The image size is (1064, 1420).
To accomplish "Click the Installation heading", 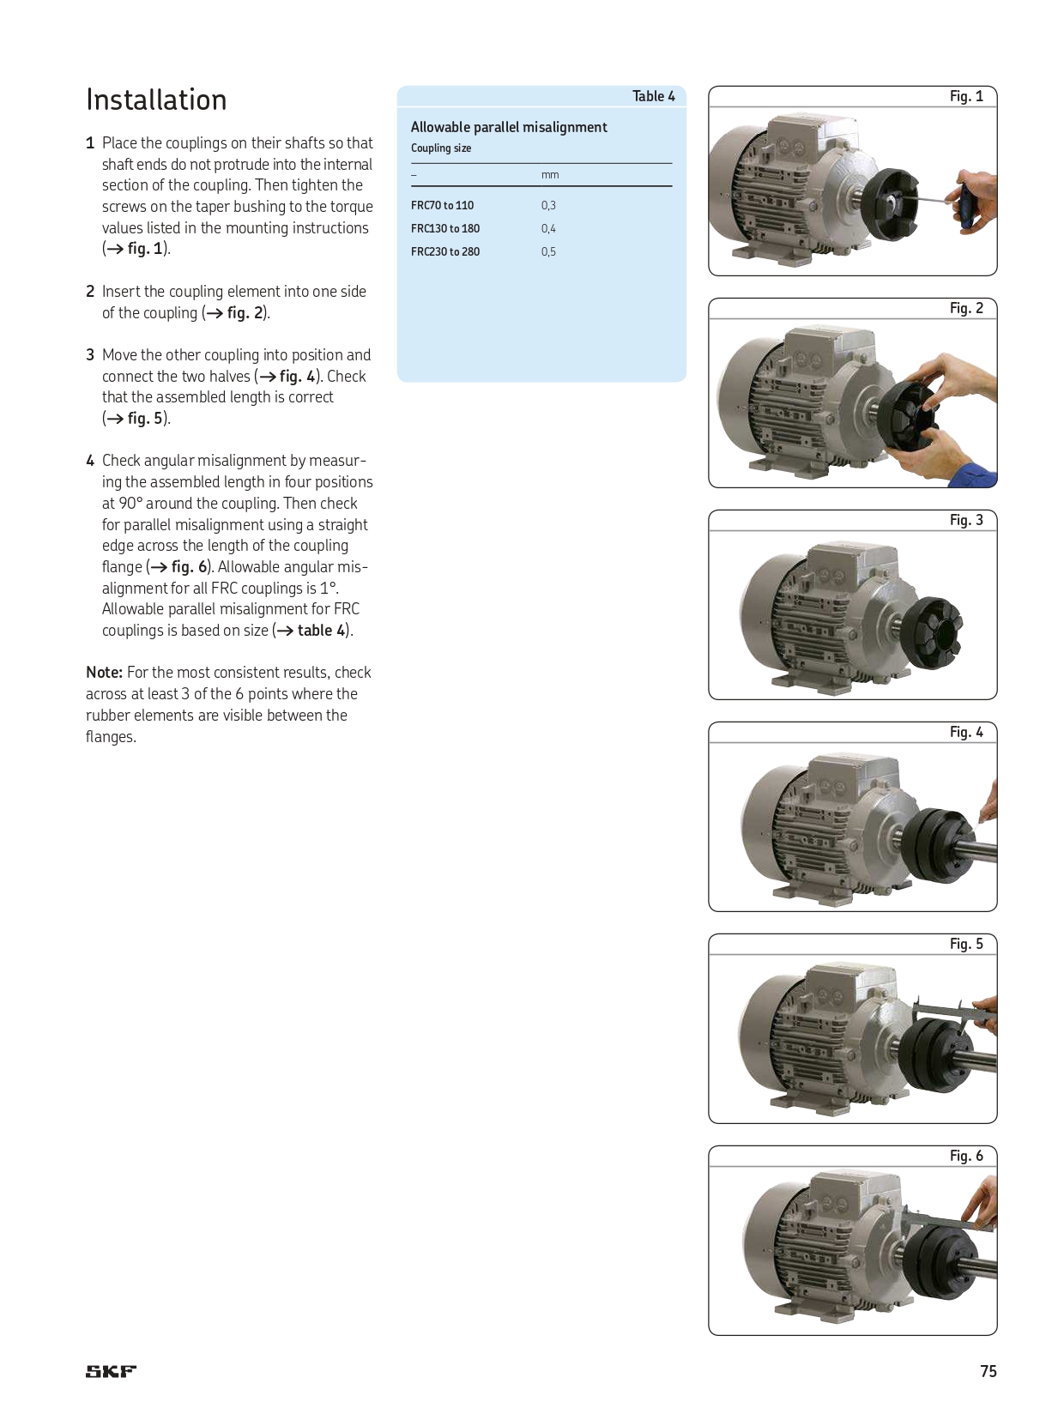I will [x=156, y=100].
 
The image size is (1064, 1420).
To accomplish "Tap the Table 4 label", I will [x=653, y=96].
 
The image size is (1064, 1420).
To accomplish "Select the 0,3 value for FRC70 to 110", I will [x=548, y=206].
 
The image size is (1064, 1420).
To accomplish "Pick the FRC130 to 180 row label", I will [x=444, y=229].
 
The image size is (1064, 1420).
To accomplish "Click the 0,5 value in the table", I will [x=548, y=252].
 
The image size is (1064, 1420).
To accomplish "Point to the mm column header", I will [x=550, y=175].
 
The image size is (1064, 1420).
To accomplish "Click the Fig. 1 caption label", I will [x=966, y=96].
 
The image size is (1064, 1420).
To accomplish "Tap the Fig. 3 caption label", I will [x=966, y=520].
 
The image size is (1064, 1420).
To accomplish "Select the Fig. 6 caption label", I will [x=966, y=1156].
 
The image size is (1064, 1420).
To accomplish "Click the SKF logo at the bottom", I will [x=111, y=1371].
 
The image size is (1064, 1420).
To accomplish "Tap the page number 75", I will [x=988, y=1371].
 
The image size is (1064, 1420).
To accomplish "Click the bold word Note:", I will [x=104, y=673].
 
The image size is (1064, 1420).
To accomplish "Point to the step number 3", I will [x=90, y=355].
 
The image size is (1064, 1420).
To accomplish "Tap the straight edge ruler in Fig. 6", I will [x=944, y=1219].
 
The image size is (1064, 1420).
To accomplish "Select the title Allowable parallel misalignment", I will [x=509, y=127].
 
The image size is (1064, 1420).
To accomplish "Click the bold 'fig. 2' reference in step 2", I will [x=245, y=313].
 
